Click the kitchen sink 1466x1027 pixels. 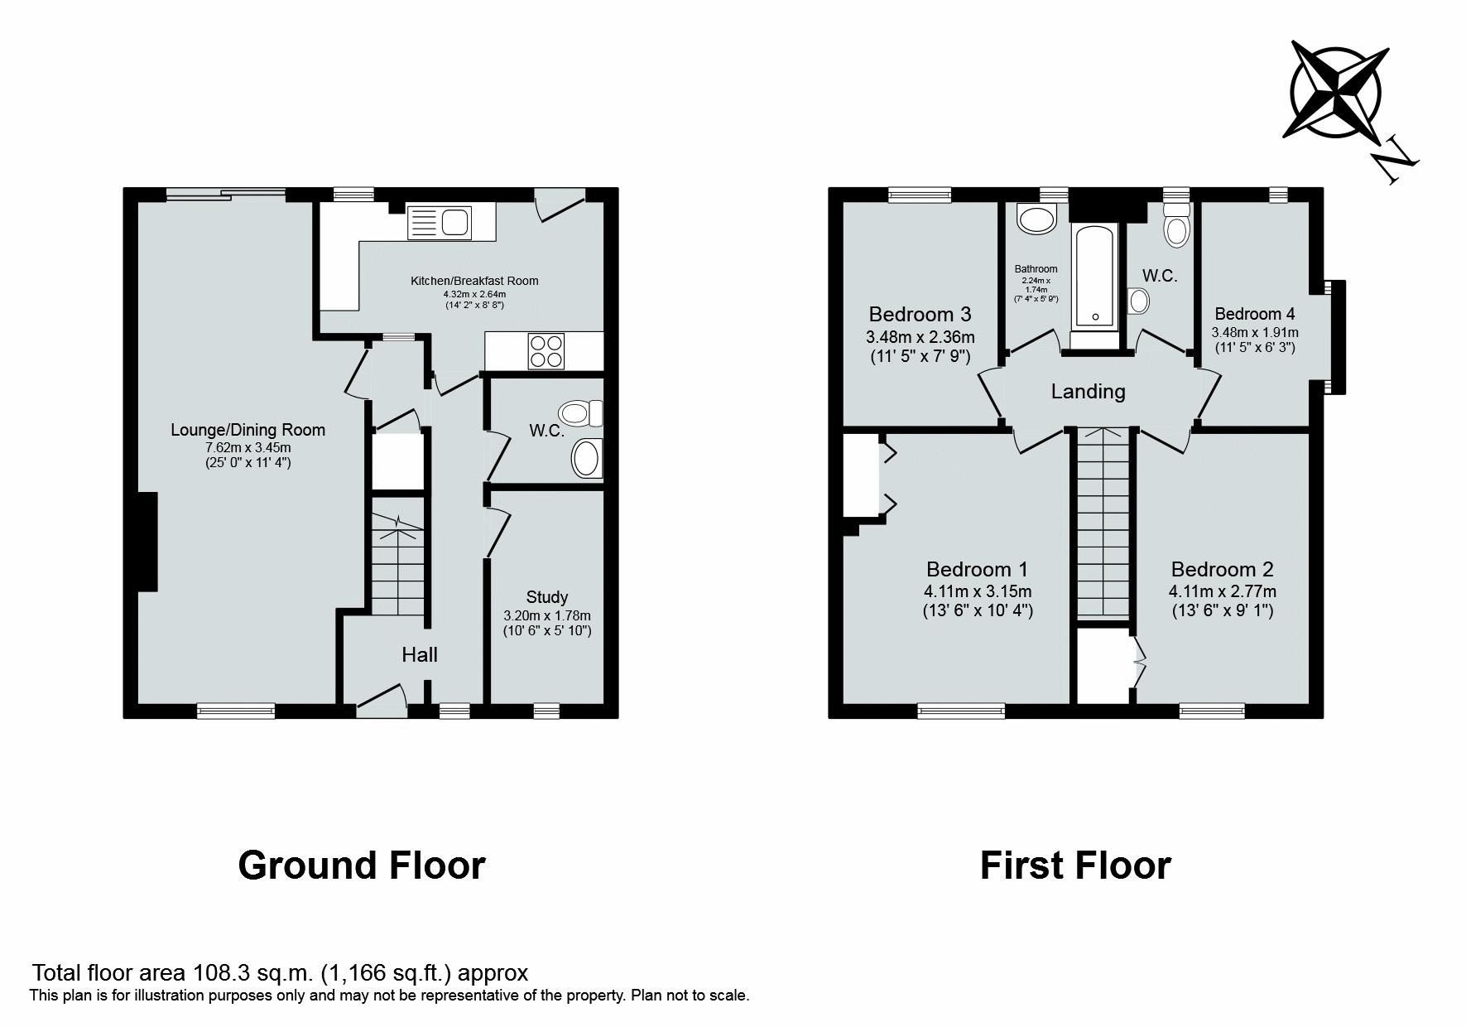coord(440,223)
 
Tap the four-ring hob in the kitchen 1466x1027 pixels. coord(546,350)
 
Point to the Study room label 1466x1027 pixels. coord(547,597)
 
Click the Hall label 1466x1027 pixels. coord(420,655)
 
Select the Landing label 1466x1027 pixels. coord(1088,392)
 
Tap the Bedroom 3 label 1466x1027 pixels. coord(920,315)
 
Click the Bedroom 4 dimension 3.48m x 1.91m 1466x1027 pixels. coord(1255,332)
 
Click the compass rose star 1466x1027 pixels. coord(1335,89)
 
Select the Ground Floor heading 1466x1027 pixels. coord(362,865)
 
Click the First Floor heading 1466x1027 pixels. coord(1075,865)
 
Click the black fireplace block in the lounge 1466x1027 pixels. coord(147,542)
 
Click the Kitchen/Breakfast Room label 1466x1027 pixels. coord(474,281)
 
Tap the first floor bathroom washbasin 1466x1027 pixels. coord(1036,220)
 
